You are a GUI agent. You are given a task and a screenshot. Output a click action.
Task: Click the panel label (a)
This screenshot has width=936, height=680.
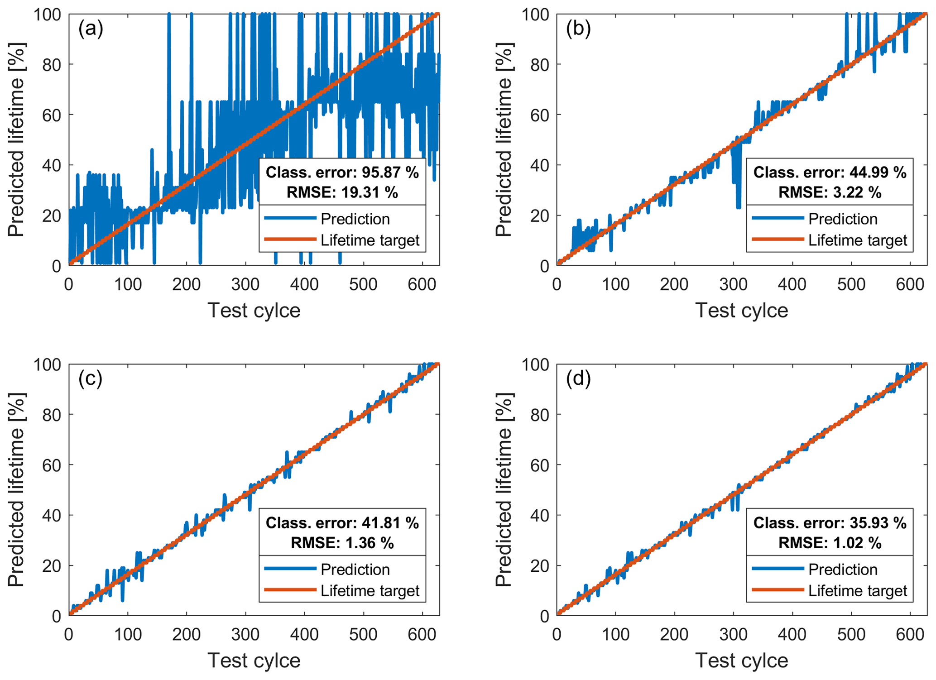click(x=91, y=29)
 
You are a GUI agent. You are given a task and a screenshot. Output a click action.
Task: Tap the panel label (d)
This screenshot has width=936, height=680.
click(x=578, y=379)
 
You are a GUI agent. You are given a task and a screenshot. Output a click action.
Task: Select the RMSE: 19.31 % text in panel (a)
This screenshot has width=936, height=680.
click(x=342, y=192)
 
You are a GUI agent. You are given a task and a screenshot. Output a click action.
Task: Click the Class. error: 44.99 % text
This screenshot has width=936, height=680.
click(x=830, y=172)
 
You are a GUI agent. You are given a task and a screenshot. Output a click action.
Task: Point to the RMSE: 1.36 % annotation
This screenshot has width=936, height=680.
click(x=342, y=542)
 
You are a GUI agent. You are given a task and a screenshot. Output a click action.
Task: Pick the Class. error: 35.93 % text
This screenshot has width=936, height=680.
click(x=830, y=523)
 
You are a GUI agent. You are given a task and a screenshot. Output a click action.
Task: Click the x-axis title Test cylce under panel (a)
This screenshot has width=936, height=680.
click(x=254, y=311)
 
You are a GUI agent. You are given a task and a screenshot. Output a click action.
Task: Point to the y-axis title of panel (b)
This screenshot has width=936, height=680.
click(x=503, y=139)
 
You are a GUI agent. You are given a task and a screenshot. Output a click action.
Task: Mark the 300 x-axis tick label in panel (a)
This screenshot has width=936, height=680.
click(x=245, y=284)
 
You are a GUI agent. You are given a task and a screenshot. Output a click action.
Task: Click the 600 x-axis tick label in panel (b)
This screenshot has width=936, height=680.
click(x=910, y=284)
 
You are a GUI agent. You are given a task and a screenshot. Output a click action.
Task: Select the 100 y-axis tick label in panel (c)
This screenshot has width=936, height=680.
click(x=47, y=364)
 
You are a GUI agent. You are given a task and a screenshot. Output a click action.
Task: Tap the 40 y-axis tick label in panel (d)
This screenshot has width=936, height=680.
click(x=540, y=515)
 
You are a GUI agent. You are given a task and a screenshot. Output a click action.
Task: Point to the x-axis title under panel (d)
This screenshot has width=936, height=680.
click(x=741, y=661)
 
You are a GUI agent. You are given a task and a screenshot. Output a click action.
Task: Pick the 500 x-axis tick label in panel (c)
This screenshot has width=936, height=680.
click(x=363, y=634)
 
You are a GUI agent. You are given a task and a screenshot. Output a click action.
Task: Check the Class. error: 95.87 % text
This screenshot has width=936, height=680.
click(x=342, y=172)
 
